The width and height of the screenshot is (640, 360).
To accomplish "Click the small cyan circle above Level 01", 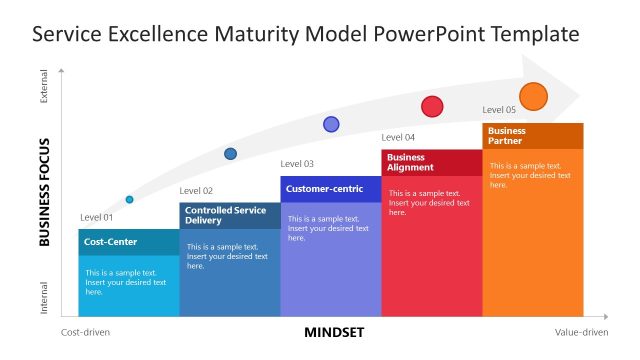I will pos(129,200).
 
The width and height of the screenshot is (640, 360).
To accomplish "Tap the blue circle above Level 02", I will pos(230,154).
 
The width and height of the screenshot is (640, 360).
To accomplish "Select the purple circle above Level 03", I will pos(331,124).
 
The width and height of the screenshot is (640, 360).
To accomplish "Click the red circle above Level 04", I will pos(432,106).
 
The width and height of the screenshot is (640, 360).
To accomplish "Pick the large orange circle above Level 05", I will pos(534,97).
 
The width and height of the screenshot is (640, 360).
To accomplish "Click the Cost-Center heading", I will pos(110,242).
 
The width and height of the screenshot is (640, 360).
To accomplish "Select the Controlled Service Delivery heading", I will pos(225,215).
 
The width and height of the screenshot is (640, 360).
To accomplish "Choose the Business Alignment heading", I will pos(411,162).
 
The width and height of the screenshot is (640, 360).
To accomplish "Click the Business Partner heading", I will pos(507,136).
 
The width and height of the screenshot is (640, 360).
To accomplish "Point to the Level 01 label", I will pos(97,217).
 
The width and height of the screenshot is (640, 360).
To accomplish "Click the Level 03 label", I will pos(297,164).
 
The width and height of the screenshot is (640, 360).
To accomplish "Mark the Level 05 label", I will pos(499,110).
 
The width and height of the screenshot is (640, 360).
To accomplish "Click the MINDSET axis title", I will pos(334,332).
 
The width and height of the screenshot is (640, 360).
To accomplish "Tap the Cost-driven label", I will pos(86,332).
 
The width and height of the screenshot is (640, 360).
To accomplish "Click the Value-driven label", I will pos(581,332).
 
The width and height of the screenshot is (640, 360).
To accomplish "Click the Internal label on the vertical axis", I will pos(44,297).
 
